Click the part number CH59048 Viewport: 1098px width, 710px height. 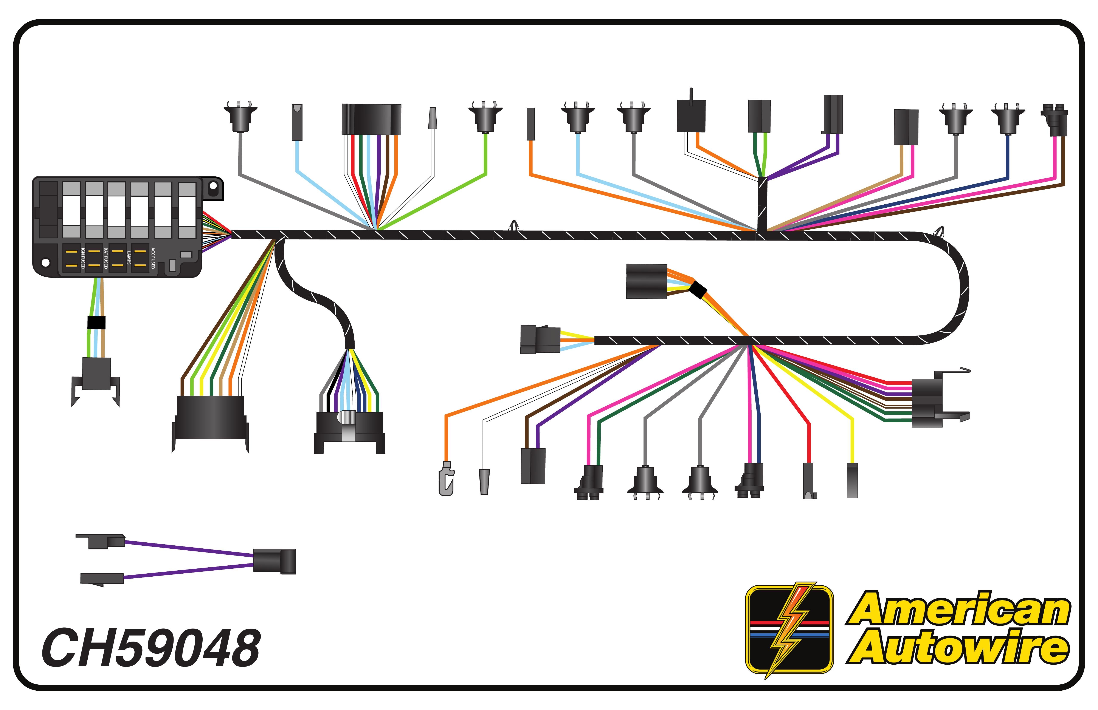(x=151, y=648)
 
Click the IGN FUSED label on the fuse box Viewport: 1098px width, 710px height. (x=83, y=258)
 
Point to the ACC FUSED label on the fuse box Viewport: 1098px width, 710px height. (x=153, y=258)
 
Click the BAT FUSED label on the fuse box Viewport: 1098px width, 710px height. (x=106, y=258)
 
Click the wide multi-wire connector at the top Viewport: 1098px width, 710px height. (x=371, y=119)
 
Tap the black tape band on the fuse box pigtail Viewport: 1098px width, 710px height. (x=96, y=323)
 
